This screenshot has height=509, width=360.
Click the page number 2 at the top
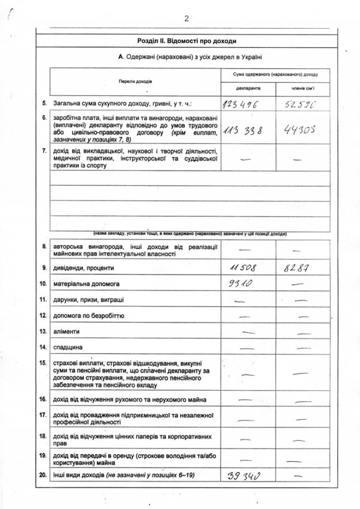187,19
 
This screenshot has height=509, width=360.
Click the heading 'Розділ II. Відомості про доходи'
187,41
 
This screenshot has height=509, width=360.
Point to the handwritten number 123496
243,104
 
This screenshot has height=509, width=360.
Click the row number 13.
43,331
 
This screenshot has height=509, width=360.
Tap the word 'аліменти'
68,331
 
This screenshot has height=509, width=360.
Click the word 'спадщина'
68,347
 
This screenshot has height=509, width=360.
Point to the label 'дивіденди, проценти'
83,267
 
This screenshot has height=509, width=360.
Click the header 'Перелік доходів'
136,80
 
